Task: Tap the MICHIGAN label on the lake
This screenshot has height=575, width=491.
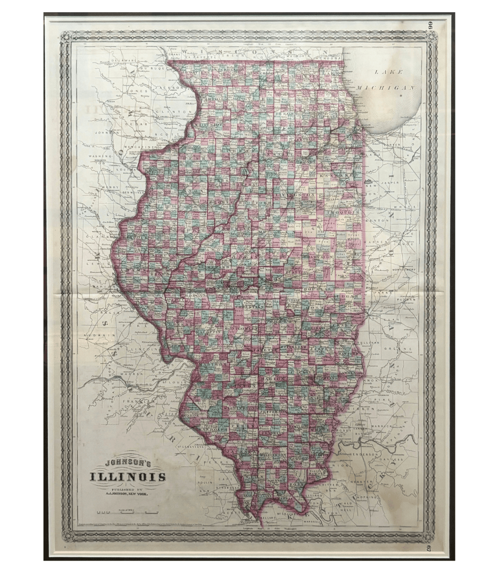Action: (386, 87)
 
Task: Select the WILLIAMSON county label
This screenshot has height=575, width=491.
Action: (273, 455)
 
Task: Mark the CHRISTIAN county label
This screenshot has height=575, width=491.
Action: (249, 307)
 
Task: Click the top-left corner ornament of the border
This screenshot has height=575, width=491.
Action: (66, 37)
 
